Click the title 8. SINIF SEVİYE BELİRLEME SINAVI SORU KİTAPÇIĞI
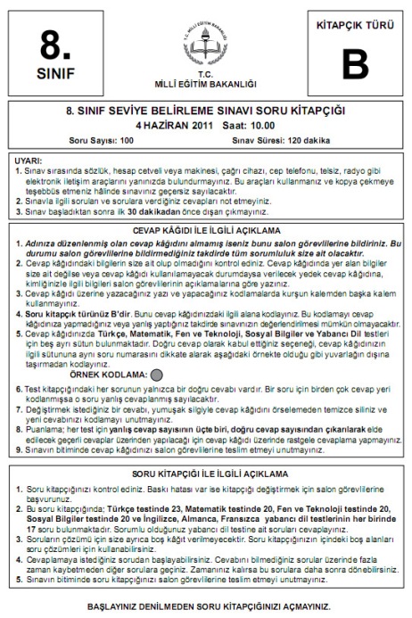tap(206, 112)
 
